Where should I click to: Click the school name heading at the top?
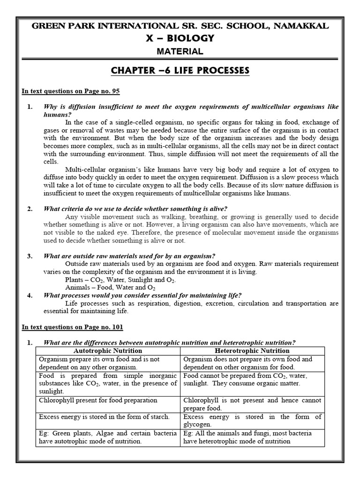pos(180,26)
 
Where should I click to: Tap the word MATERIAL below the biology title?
pos(180,51)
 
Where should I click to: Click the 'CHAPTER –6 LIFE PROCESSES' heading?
pos(180,70)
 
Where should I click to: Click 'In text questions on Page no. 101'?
pos(73,326)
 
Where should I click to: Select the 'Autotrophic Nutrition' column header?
pos(107,351)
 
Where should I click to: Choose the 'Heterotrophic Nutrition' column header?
pos(252,351)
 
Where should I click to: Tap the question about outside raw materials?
pos(129,256)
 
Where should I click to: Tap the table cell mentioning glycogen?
pos(252,420)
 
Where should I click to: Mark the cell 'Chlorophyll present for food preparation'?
pos(98,401)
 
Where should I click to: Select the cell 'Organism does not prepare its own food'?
pos(252,363)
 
